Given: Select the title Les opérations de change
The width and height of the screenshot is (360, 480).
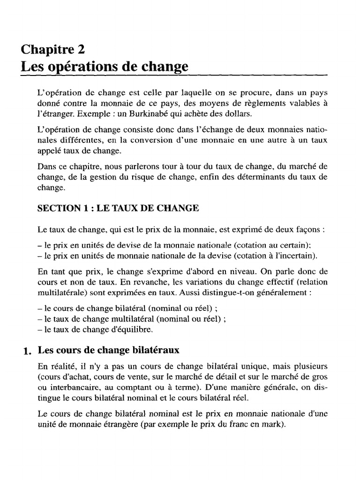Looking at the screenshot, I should pyautogui.click(x=105, y=66).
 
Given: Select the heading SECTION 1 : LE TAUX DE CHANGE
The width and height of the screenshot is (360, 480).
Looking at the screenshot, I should pyautogui.click(x=118, y=209).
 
